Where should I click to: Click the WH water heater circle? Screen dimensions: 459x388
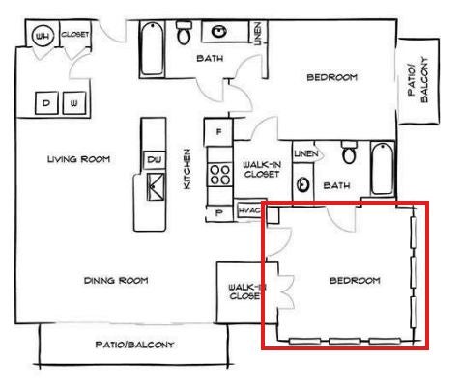tap(43, 35)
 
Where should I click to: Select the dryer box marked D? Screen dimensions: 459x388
tap(46, 103)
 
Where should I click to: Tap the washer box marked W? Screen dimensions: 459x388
tap(74, 103)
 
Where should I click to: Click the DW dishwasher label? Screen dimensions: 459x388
tap(155, 159)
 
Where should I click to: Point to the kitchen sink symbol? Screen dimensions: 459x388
tap(155, 186)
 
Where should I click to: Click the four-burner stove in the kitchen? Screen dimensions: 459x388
tap(219, 174)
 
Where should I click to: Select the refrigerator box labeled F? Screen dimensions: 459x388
tap(218, 132)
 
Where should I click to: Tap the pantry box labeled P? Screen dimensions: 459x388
tap(219, 212)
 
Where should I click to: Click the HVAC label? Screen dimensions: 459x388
tap(249, 210)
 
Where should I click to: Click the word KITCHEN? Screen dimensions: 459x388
tap(186, 169)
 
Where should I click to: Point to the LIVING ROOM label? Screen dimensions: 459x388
tap(79, 159)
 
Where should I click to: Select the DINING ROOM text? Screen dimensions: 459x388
tap(116, 280)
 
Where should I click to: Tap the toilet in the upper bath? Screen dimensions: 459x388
tap(184, 33)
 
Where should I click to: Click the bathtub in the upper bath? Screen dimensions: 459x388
tap(152, 49)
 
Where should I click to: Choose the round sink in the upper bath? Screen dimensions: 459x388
tap(219, 32)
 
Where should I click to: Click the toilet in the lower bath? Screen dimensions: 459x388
tap(349, 152)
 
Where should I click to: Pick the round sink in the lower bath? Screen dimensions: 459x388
tap(302, 184)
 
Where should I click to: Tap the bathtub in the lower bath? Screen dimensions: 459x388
tap(382, 169)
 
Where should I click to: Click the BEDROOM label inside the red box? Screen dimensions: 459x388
tap(355, 280)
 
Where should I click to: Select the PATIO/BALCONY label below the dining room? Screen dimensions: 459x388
tap(134, 345)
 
